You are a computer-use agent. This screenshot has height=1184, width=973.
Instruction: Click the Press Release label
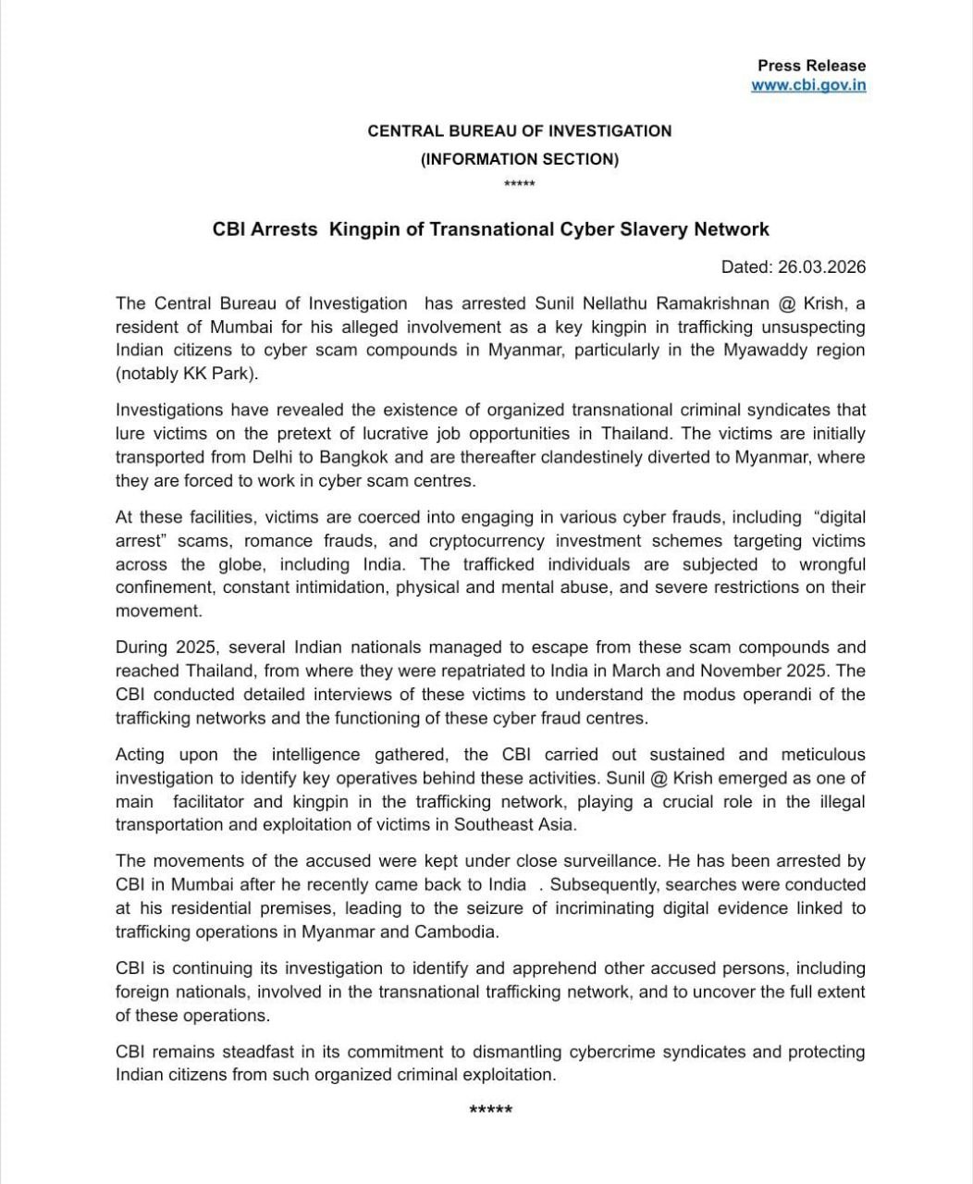pyautogui.click(x=811, y=66)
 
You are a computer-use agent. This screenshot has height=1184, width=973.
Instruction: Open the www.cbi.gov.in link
pyautogui.click(x=808, y=85)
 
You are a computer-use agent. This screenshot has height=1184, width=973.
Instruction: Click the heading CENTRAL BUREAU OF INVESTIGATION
pyautogui.click(x=519, y=131)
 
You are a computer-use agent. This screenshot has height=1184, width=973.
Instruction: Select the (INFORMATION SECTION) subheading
pyautogui.click(x=519, y=159)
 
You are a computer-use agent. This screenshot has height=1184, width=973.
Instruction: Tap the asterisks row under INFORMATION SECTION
pyautogui.click(x=519, y=184)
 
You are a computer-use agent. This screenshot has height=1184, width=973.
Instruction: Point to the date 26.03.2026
pyautogui.click(x=821, y=267)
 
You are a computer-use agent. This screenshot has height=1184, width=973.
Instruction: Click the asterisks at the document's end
pyautogui.click(x=490, y=1110)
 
